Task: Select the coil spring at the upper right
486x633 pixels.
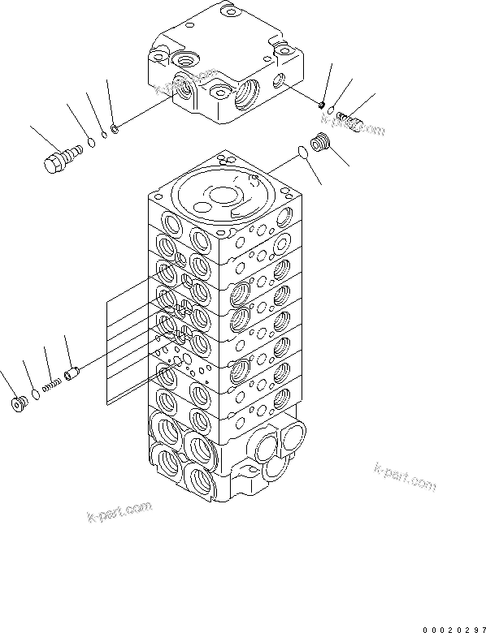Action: pyautogui.click(x=350, y=121)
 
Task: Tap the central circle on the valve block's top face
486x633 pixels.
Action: pyautogui.click(x=221, y=195)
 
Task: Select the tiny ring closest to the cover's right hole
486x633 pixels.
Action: pyautogui.click(x=321, y=104)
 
